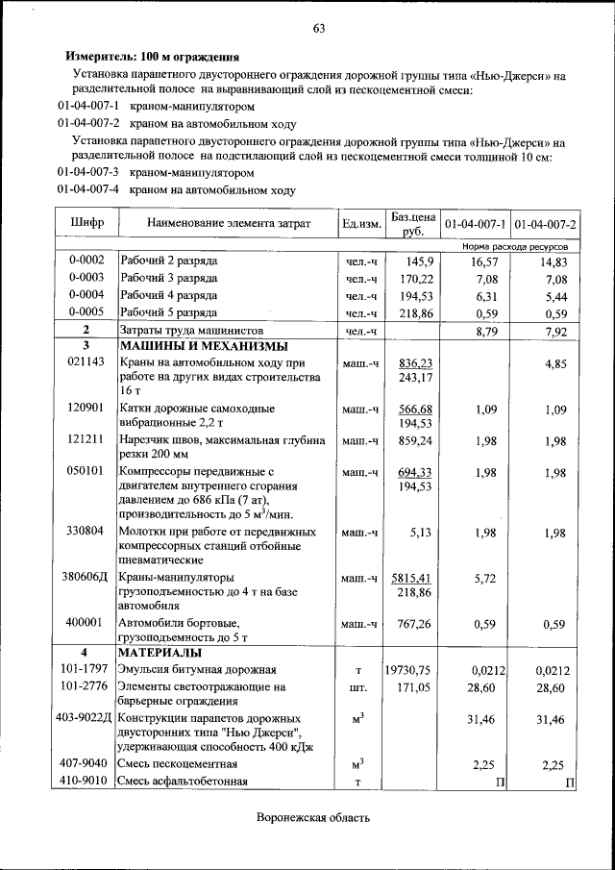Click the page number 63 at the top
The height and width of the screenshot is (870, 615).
point(319,28)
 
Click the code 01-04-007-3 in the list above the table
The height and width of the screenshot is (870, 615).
point(88,173)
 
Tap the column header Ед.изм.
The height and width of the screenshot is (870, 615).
point(361,224)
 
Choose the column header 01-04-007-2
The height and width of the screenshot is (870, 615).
point(545,224)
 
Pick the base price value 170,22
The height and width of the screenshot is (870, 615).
point(414,279)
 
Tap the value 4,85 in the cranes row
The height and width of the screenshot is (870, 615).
point(554,364)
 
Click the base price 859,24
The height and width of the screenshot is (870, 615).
point(414,440)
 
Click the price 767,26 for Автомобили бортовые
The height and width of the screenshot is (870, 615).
point(414,624)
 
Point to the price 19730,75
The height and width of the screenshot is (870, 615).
point(408,670)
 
